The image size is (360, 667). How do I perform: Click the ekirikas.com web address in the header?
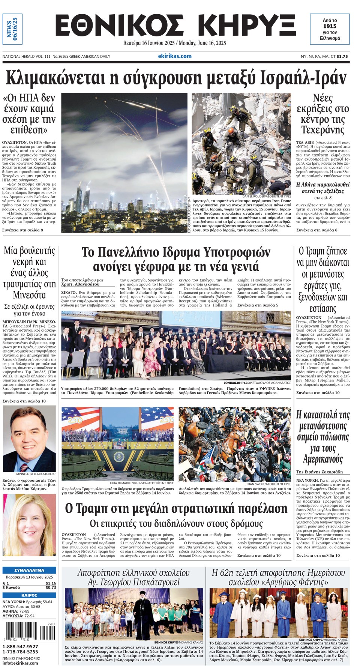pos(175,56)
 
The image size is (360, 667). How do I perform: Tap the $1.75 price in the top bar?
pos(342,57)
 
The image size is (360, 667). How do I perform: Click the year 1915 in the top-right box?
pos(330,26)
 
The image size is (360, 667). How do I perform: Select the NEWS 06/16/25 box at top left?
pos(12,29)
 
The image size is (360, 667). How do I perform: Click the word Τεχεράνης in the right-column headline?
pos(322,130)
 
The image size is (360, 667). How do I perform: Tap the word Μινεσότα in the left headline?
pos(29,294)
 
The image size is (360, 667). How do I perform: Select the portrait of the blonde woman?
pos(29,525)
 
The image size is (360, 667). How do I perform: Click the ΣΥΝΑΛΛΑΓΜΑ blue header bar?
pos(29,570)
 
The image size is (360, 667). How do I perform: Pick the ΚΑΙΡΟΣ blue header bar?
pos(29,595)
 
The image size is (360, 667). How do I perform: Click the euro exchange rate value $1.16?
pos(51,583)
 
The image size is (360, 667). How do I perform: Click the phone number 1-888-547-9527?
pos(20,646)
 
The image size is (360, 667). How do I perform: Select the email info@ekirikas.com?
pos(20,663)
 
